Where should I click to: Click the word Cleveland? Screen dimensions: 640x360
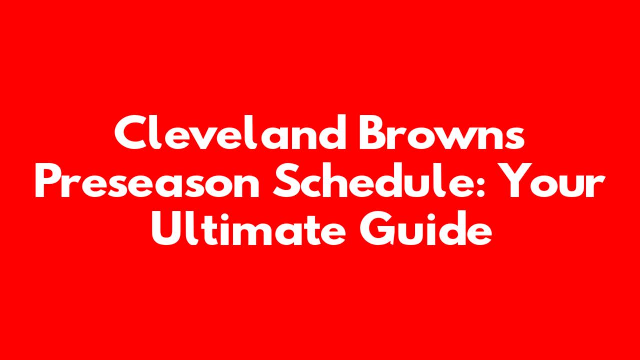click(230, 132)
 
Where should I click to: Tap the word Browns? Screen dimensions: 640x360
click(442, 132)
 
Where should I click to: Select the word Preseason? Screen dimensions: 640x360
click(147, 180)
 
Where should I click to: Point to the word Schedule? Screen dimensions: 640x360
click(372, 180)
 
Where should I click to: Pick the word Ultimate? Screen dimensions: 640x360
click(249, 228)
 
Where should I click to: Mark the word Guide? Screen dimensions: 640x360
click(426, 228)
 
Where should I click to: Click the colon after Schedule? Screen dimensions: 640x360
click(481, 185)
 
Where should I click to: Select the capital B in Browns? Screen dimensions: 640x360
click(373, 132)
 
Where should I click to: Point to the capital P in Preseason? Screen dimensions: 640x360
click(49, 180)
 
